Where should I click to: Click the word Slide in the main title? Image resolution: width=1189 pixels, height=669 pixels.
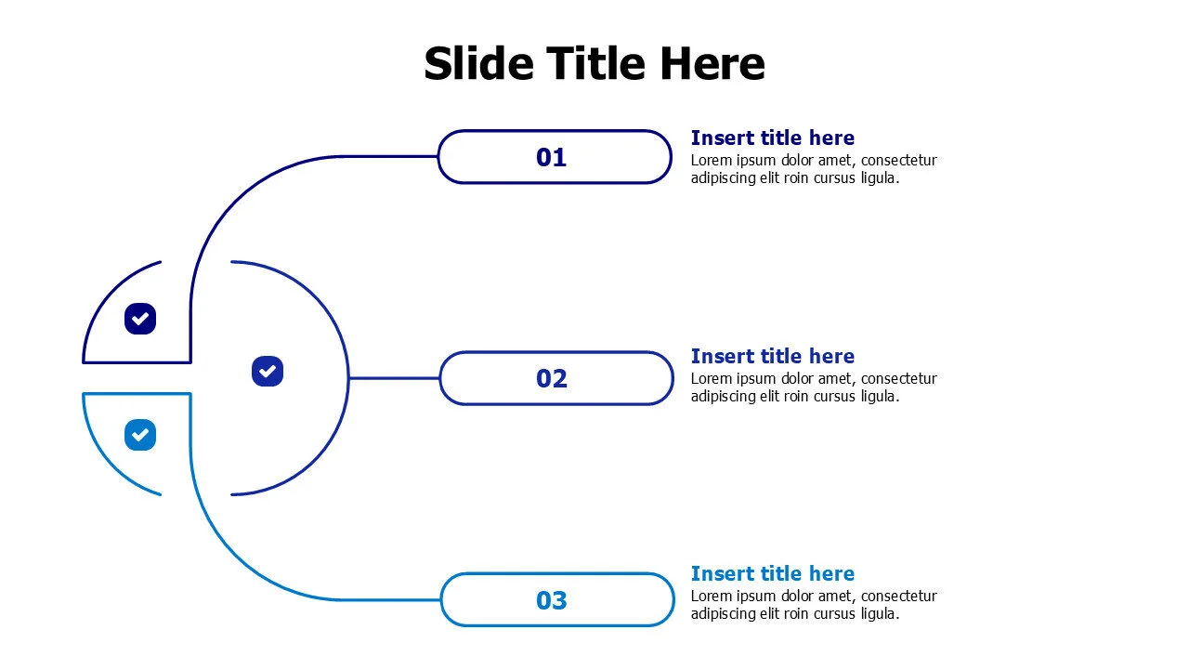tap(478, 63)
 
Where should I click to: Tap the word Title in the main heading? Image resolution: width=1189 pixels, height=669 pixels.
tap(595, 63)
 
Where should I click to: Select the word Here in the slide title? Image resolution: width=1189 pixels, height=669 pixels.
tap(712, 64)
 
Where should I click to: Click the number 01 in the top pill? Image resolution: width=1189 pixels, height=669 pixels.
tap(551, 158)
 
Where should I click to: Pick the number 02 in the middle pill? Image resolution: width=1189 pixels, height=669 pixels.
tap(552, 378)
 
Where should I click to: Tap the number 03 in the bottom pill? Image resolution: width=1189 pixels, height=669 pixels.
tap(552, 600)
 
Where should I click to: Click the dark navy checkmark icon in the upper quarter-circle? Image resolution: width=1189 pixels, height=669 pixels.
tap(140, 319)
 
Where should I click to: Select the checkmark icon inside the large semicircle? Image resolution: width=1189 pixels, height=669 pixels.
tap(268, 371)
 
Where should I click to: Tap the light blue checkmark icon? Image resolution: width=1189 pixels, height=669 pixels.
tap(140, 435)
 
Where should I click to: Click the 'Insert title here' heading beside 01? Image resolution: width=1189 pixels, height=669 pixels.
tap(772, 138)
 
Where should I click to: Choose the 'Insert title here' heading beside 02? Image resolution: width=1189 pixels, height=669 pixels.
tap(772, 356)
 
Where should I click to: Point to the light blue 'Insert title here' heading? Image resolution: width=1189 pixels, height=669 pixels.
tap(772, 574)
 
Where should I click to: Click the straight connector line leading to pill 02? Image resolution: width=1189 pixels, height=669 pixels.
tap(394, 378)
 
